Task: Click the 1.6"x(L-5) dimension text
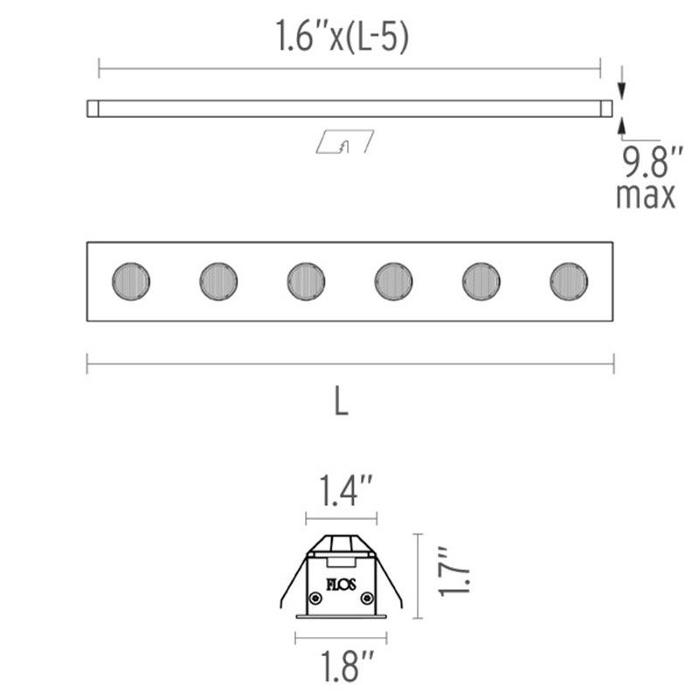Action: [x=343, y=37]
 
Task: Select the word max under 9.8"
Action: [x=646, y=195]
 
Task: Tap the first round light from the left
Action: [x=131, y=281]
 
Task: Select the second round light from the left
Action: [x=218, y=281]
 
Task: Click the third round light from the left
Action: [x=306, y=281]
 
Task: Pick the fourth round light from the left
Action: [x=393, y=281]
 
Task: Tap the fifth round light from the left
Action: [x=481, y=281]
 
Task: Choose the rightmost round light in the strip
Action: [x=569, y=281]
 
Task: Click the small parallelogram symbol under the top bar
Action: [x=344, y=142]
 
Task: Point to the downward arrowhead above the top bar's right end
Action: [x=620, y=90]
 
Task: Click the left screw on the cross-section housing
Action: [x=314, y=599]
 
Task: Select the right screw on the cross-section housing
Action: [x=367, y=599]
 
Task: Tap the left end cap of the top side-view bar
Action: [x=93, y=108]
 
